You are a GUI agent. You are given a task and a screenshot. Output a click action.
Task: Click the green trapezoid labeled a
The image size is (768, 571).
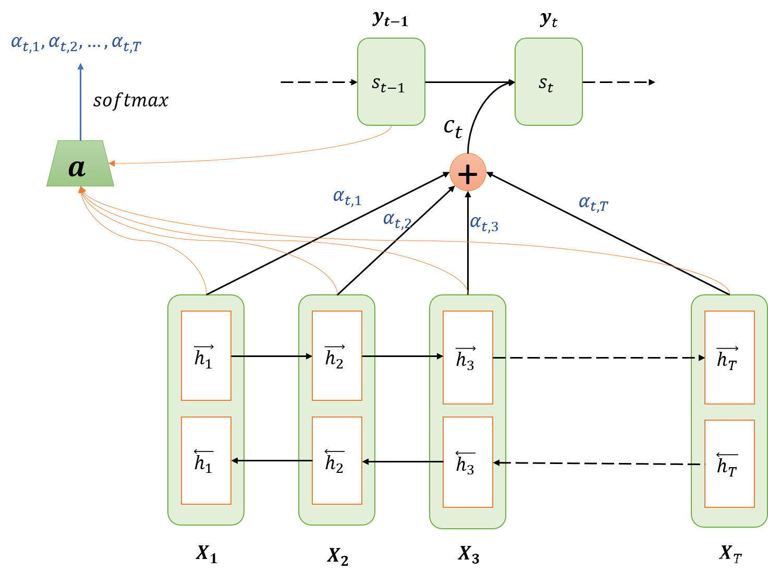pos(80,164)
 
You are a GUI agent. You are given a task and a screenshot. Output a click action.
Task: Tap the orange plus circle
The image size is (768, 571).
pos(468,172)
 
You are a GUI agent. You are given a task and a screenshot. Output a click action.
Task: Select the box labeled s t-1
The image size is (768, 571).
pos(391,82)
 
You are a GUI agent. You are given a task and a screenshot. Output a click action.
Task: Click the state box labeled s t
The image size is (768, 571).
pos(548,82)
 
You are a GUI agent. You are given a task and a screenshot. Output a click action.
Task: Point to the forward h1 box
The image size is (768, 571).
pos(206,356)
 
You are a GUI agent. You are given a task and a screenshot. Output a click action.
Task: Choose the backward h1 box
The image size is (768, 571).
pos(206,460)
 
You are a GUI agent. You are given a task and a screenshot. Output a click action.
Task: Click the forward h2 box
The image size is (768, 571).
pos(337,356)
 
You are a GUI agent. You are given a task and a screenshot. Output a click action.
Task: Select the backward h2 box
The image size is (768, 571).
pos(337,460)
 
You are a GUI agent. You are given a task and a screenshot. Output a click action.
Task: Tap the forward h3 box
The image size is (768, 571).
pos(468,358)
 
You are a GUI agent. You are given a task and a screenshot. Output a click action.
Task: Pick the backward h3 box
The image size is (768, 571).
pos(468,462)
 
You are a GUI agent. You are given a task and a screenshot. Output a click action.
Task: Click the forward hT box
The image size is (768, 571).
pos(729,358)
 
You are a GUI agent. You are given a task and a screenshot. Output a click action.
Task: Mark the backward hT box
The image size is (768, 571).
pos(729,463)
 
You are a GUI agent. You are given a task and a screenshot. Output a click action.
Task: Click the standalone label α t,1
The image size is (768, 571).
pos(347,198)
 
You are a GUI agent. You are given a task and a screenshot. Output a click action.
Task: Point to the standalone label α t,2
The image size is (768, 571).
pos(397,220)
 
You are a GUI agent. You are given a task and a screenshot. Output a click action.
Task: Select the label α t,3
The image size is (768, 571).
pos(484,223)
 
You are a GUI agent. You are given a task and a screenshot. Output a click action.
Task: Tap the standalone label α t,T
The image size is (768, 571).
pos(593,203)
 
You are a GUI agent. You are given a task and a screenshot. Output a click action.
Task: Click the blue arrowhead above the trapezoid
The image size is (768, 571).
pos(80,66)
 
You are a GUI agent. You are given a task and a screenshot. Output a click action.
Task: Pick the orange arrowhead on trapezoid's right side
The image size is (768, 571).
pos(112,163)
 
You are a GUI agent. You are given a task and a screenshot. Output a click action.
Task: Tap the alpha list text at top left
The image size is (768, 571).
pos(76,43)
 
